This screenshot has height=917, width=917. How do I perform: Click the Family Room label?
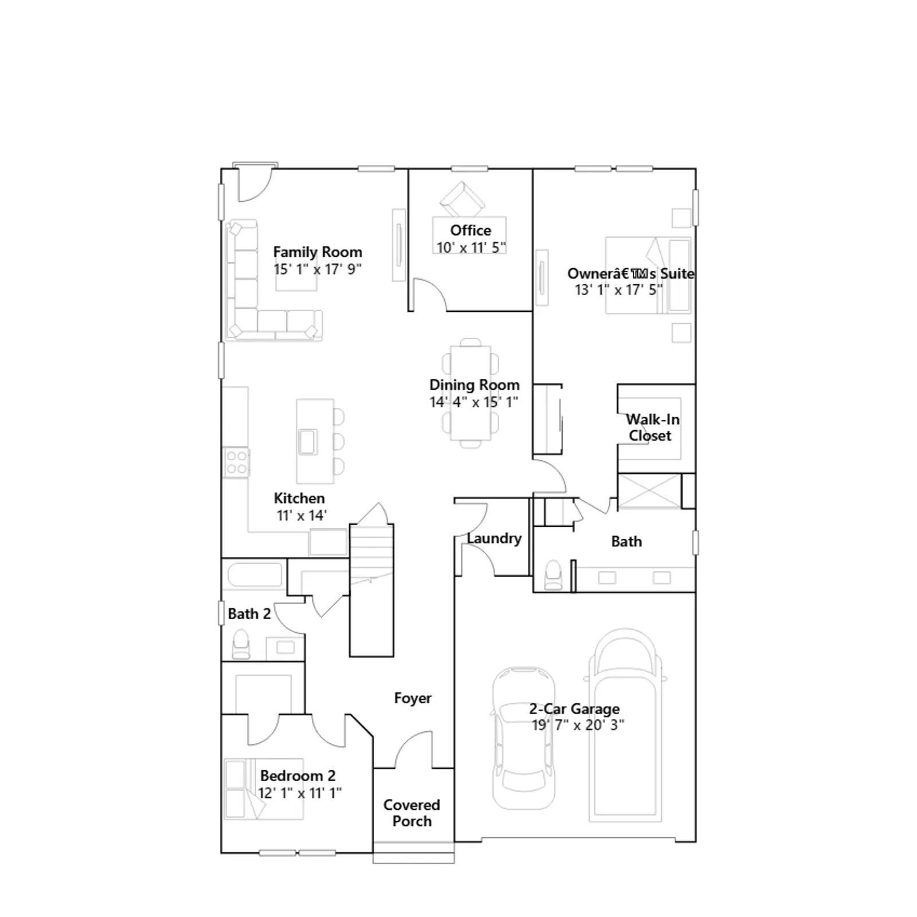point(318,252)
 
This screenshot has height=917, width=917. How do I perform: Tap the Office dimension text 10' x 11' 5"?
point(471,248)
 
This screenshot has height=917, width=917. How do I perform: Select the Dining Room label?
point(475,385)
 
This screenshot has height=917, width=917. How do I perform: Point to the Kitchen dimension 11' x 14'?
point(301,515)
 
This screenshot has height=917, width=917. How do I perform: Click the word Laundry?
point(494,538)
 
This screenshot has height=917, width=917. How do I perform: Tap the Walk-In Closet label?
point(652,428)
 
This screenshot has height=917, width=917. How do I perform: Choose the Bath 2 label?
point(249,614)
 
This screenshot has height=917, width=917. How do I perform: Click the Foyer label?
point(413,698)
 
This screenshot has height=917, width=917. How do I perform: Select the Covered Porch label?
point(412,813)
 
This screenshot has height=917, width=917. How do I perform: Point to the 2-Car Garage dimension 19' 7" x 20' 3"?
point(578,725)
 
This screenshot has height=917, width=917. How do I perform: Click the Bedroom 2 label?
point(297,775)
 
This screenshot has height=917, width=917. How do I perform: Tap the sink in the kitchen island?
point(308,441)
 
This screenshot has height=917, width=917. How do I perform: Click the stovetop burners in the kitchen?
point(236,463)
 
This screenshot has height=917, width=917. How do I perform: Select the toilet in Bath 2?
point(241,644)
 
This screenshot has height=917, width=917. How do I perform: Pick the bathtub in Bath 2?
point(255,575)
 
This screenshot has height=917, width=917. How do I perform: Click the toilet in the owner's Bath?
point(553,575)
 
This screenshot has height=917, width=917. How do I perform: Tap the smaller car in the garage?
point(523,738)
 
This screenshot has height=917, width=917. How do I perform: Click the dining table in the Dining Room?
point(471,393)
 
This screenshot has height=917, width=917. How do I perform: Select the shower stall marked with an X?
point(649,491)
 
